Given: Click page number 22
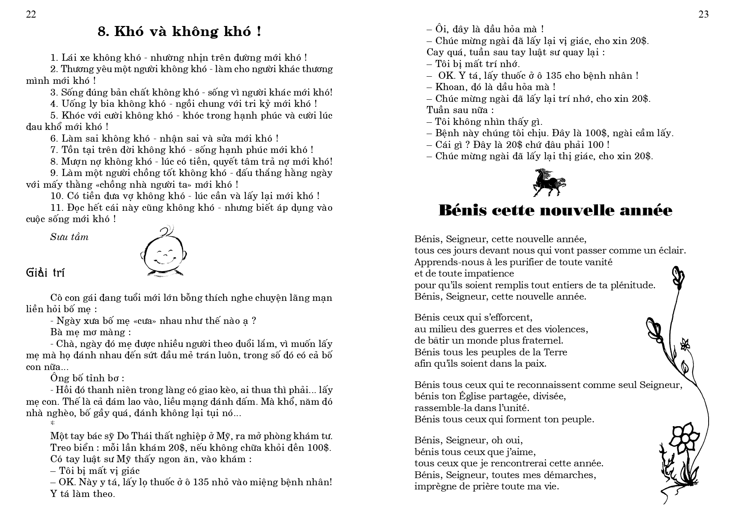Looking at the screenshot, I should pos(31,15).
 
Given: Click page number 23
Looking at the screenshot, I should pos(704,15).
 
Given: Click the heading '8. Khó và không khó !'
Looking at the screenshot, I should pos(179,32).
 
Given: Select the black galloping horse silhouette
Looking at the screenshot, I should pos(549,182).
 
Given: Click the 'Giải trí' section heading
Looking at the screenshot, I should pos(45,273).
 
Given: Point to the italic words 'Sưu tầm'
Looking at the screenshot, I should pos(70,237).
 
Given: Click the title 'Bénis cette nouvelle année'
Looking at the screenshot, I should pos(555,210).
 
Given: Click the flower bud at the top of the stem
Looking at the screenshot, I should pos(678,277).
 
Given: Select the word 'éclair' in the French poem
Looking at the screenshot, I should pos(671,251).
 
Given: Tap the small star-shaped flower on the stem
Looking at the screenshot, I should pos(685,344).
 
